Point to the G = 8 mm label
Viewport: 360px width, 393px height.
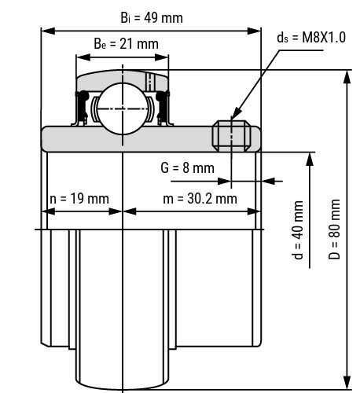click(186, 167)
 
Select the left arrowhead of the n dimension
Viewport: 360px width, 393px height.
click(46, 211)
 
